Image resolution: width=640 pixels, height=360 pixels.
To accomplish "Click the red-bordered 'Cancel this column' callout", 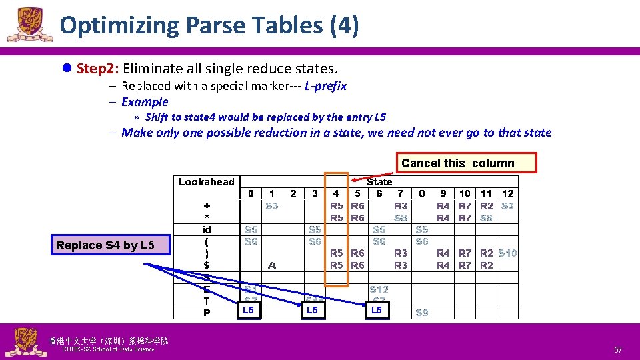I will [466, 163].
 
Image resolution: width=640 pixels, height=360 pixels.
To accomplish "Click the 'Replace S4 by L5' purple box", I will [105, 245].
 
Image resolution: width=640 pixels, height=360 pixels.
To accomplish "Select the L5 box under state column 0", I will [249, 310].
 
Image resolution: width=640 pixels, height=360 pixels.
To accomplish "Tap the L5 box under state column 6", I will [377, 310].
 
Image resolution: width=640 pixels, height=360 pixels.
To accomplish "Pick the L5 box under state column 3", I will [312, 310].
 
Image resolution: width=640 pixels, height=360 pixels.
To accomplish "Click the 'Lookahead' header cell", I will [207, 182].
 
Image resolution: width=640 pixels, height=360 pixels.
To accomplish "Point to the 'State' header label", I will [379, 181].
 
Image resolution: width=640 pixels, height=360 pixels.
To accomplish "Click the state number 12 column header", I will [507, 193].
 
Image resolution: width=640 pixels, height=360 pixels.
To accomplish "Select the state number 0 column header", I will [251, 193].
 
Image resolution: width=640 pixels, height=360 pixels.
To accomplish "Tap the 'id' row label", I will [207, 229].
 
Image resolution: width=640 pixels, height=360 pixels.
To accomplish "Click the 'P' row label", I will [207, 313].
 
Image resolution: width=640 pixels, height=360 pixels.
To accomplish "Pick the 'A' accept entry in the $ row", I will [272, 265].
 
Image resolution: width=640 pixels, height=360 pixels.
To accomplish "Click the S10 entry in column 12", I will [507, 253].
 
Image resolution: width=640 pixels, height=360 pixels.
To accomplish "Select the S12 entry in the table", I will [379, 289].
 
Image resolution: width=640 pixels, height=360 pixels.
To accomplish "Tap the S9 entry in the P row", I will [421, 313].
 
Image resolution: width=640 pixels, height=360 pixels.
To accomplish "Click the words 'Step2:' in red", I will [97, 69].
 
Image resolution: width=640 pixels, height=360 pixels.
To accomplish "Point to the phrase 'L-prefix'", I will [325, 86].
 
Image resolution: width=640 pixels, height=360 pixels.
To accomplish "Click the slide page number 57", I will [617, 349].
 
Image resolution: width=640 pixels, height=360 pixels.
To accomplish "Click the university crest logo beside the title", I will [30, 25].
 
